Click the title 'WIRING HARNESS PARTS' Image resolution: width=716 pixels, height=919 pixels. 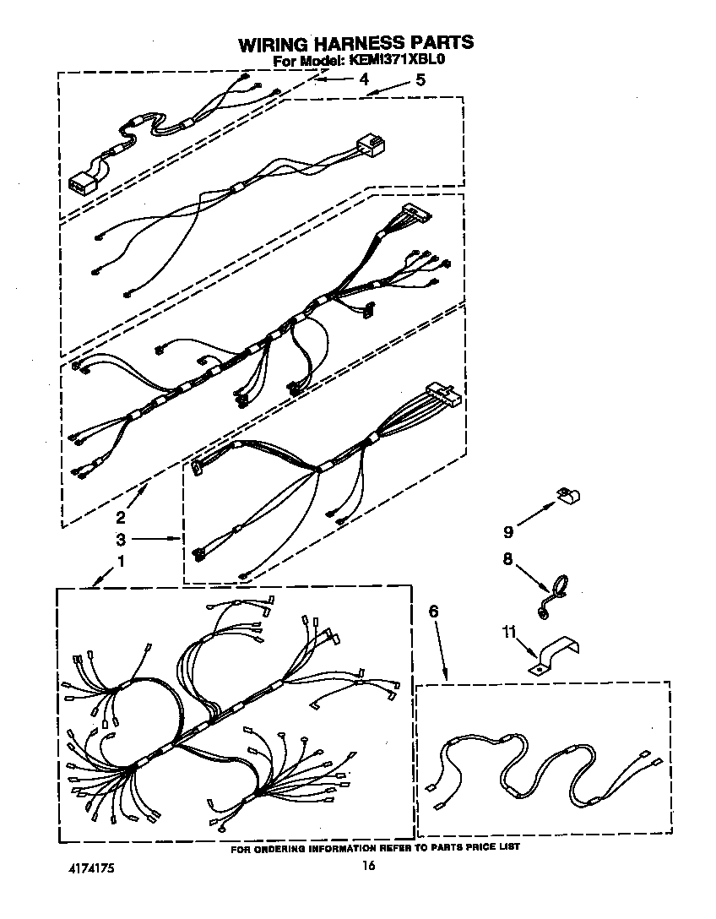point(354,44)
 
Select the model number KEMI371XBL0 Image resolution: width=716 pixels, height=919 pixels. point(394,62)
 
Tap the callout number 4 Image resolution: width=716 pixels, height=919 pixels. point(364,79)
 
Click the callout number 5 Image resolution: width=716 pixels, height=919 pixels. point(420,81)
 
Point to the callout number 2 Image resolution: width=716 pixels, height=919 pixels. point(121,517)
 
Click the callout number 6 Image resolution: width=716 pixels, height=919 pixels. point(434,612)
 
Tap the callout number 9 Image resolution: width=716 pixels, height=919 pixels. point(508,532)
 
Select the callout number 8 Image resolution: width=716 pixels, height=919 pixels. point(508,558)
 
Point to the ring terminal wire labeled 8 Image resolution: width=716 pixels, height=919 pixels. point(554,588)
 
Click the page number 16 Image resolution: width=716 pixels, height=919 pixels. point(367,866)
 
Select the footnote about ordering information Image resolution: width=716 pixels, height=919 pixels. point(375,846)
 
